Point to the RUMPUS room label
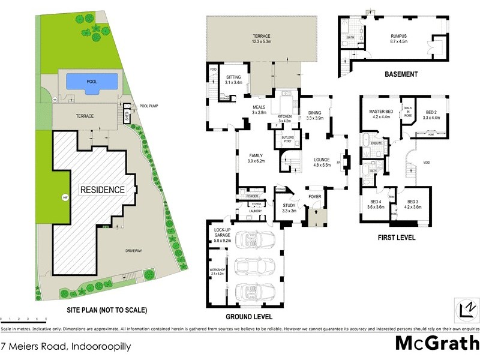(x=399, y=38)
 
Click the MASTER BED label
(x=381, y=112)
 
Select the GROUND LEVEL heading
(x=248, y=316)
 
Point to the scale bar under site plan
(x=24, y=321)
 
